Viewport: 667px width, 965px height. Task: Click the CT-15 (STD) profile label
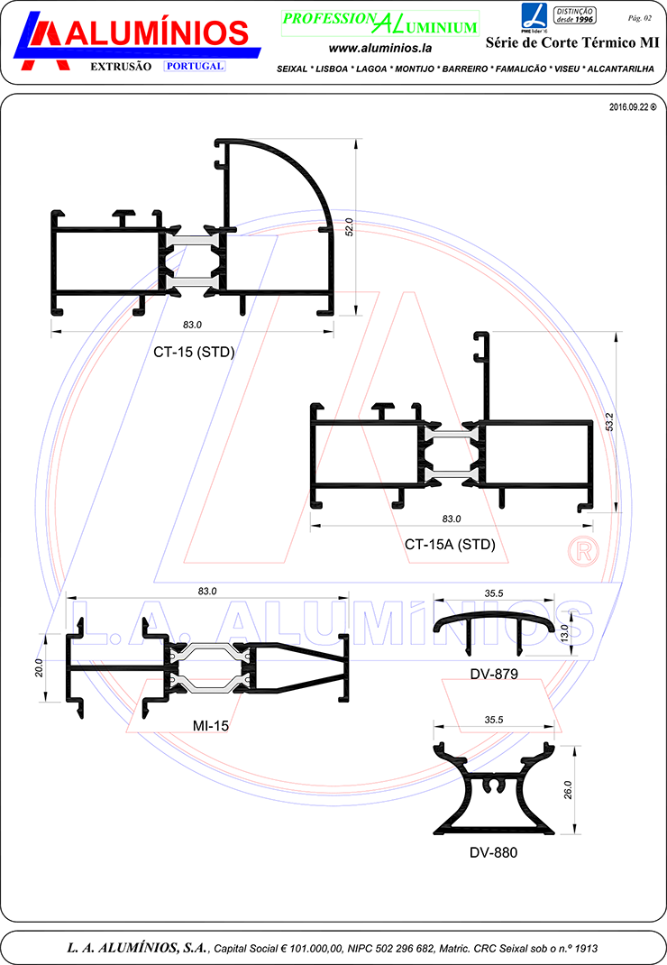click(194, 352)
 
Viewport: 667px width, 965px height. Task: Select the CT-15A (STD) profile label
click(450, 544)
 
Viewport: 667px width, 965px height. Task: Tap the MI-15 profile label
click(210, 726)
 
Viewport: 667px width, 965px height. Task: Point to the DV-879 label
click(493, 674)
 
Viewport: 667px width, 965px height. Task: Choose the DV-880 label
click(493, 852)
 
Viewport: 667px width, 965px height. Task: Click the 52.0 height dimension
click(349, 227)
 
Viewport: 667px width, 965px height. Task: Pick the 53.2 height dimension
click(609, 421)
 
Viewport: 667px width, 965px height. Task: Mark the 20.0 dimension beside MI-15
click(39, 667)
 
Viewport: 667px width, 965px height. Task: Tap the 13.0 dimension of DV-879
click(565, 633)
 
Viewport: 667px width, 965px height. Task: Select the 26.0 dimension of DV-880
click(567, 790)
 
